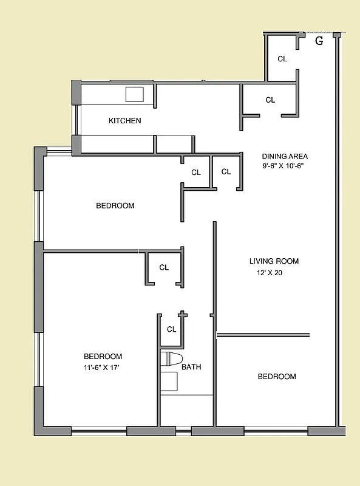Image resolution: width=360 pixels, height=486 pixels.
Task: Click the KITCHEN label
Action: coord(124,121)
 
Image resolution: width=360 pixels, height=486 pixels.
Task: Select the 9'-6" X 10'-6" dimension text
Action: coord(282,166)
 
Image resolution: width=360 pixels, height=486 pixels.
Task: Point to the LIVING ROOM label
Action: coord(274,261)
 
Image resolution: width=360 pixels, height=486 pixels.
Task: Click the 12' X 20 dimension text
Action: coord(270,273)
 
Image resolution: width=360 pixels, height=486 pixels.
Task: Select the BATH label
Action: coord(191,367)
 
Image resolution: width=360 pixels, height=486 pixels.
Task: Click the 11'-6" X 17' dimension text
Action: coord(103,367)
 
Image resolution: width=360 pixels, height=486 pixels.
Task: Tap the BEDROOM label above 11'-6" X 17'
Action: coord(103,357)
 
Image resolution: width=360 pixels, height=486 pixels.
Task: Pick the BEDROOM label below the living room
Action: coord(277,377)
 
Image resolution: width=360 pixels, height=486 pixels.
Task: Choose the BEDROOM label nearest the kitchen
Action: coord(115,206)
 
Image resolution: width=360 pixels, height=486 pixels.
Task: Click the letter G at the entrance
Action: coord(319,41)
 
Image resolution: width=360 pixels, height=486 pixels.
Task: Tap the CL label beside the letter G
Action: coord(282,59)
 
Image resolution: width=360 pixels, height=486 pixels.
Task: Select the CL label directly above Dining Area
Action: coord(270,100)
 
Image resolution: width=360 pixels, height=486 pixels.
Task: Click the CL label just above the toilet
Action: coord(171,329)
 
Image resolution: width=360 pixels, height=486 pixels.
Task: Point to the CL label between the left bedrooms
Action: coord(163,267)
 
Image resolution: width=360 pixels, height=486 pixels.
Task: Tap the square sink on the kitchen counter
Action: coord(134,94)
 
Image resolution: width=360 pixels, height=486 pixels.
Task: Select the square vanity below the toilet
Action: coord(169,382)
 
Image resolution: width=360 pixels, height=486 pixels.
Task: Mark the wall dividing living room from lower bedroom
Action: coord(263,334)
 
